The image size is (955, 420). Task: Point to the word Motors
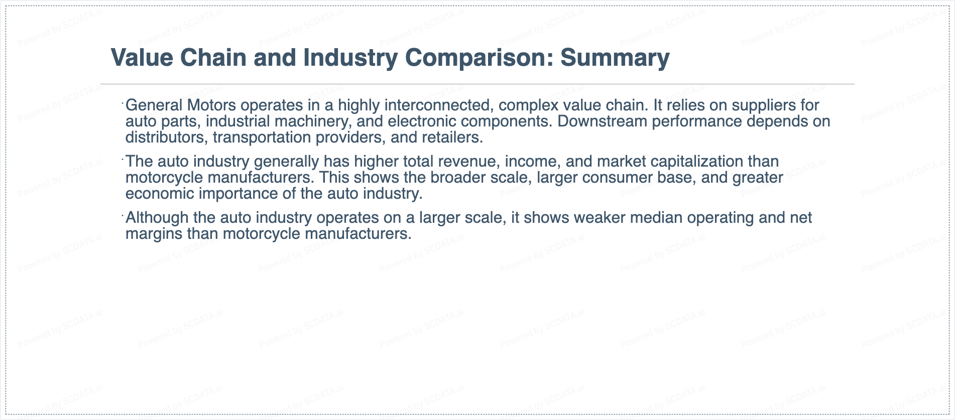(x=211, y=105)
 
